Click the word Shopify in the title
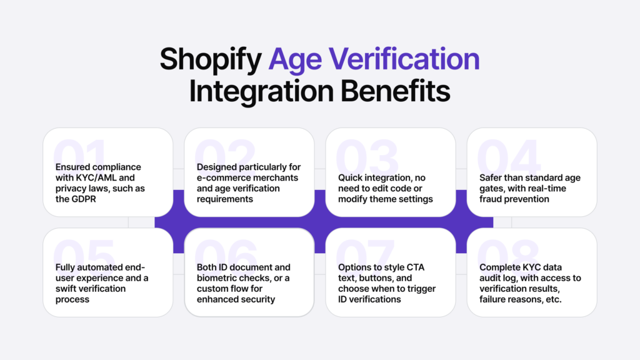click(x=210, y=59)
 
